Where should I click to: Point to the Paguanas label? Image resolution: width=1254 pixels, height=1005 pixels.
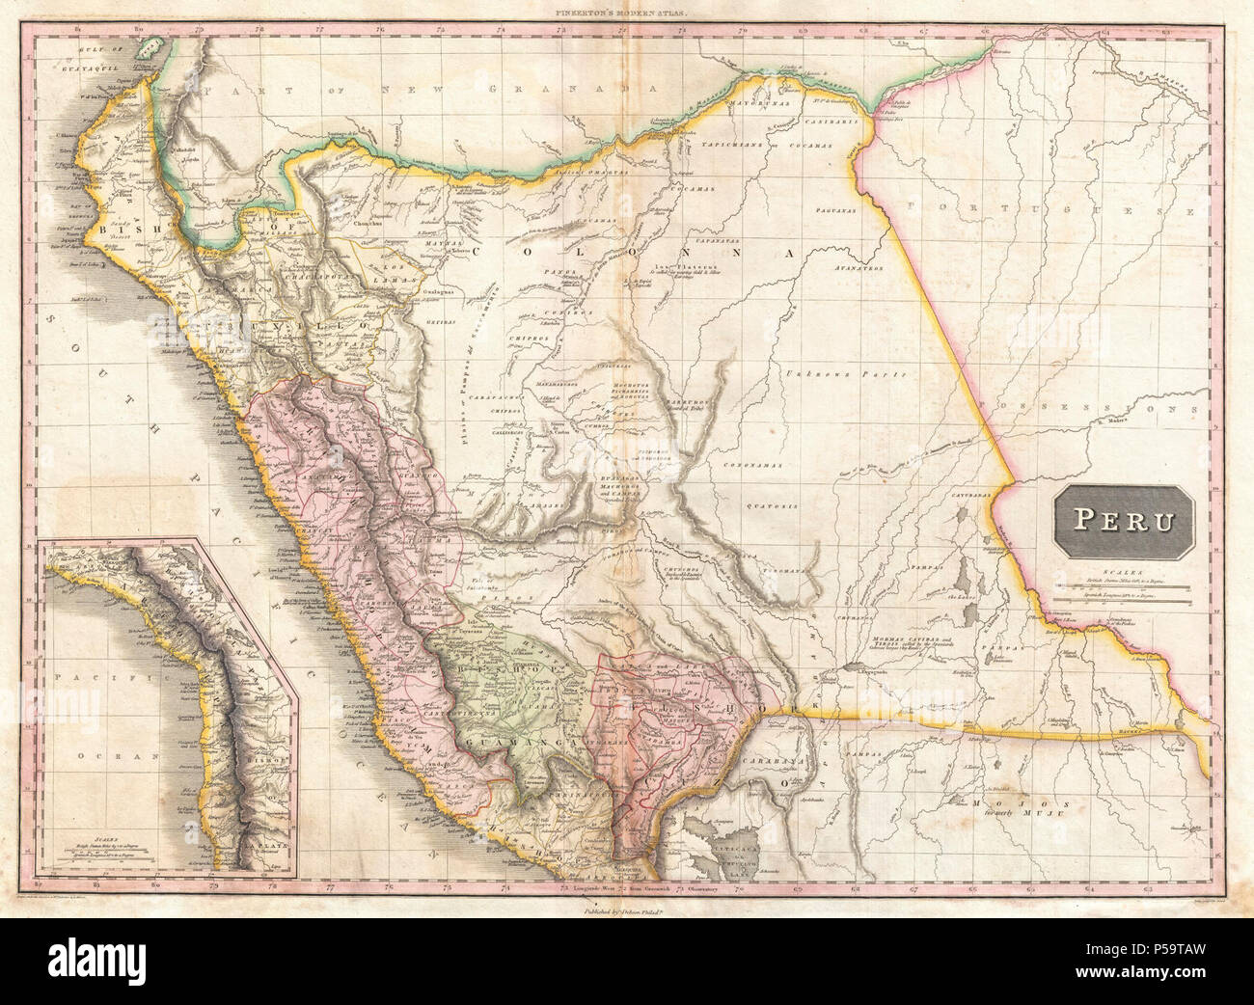(x=835, y=210)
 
